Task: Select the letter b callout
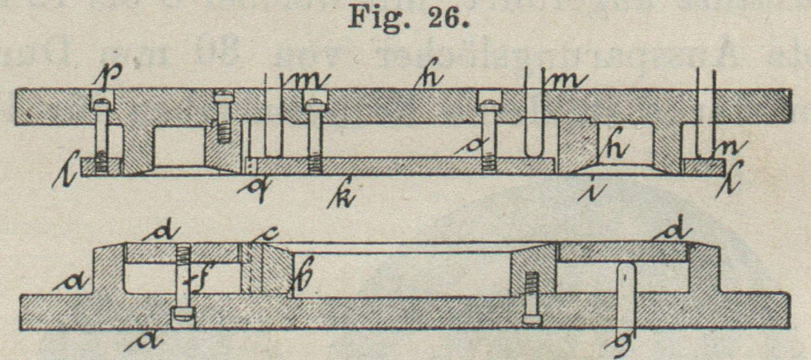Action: pos(304,280)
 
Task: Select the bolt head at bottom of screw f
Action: pos(182,316)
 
